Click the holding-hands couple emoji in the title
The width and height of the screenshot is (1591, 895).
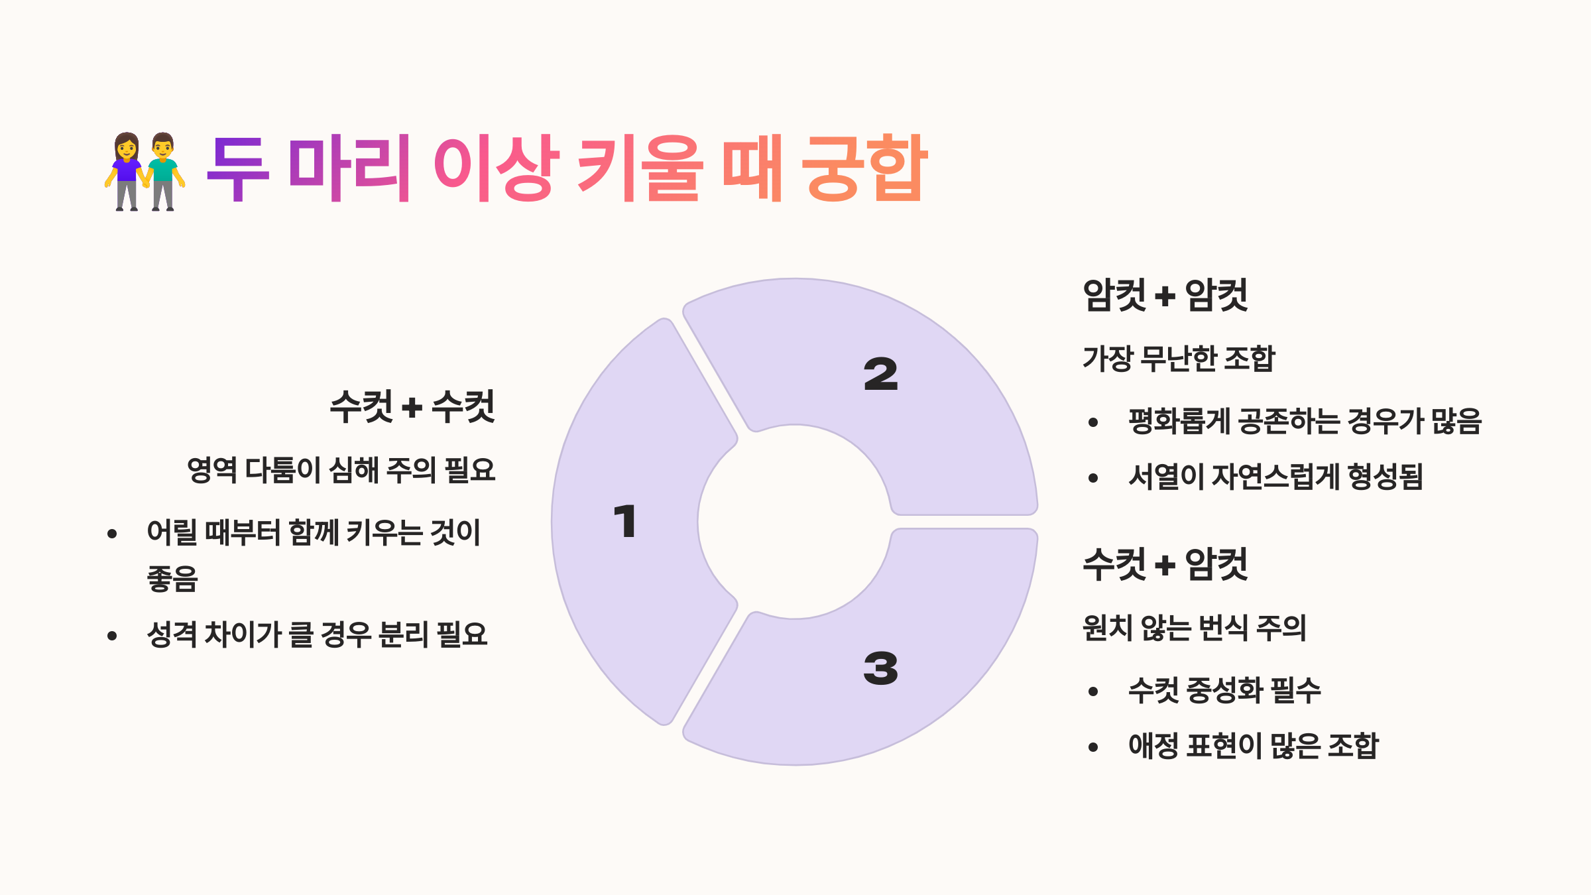coord(145,171)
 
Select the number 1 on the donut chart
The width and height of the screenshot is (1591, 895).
coord(625,521)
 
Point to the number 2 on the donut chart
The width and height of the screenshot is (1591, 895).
coord(880,374)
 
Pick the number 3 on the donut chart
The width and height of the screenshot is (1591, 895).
coord(880,668)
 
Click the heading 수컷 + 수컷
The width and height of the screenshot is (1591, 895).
coord(412,406)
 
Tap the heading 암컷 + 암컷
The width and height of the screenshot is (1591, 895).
coord(1165,295)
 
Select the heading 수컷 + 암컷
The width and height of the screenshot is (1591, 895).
coord(1165,565)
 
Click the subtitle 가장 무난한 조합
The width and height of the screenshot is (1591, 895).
coord(1179,359)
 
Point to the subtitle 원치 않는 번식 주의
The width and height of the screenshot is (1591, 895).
coord(1194,628)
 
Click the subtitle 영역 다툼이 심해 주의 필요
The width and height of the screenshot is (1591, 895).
coord(341,470)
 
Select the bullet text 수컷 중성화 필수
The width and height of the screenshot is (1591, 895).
coord(1224,690)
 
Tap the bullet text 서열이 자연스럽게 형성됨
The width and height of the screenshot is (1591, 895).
coord(1275,477)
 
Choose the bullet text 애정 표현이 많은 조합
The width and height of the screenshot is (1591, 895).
coord(1253,746)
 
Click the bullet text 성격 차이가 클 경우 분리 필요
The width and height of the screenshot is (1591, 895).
coord(317,634)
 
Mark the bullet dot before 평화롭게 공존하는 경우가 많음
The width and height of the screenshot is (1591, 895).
coord(1093,422)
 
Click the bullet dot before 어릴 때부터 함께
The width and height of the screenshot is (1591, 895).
coord(112,534)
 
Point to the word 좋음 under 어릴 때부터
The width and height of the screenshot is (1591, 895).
coord(172,579)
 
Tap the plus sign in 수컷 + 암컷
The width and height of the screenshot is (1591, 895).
coord(1165,566)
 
